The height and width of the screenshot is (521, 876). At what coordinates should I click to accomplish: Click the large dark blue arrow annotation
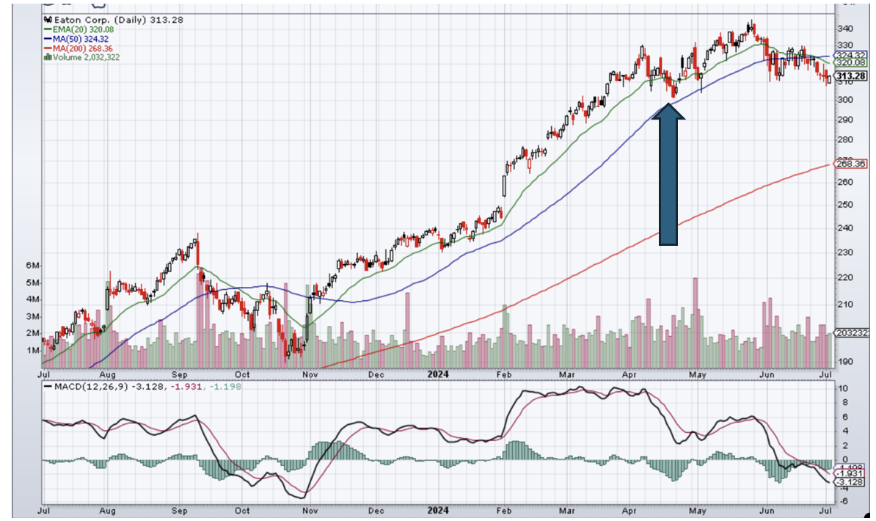(668, 176)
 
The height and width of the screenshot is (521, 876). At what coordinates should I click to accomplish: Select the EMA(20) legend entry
(72, 29)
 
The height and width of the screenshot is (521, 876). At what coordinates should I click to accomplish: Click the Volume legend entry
(83, 57)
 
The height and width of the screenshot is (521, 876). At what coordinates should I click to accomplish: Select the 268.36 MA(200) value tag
(850, 164)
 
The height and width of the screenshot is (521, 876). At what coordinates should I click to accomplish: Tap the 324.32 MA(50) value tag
(850, 55)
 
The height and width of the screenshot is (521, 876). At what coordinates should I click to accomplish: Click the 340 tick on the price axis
(844, 29)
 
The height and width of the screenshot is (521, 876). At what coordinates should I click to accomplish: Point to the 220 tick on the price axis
(844, 277)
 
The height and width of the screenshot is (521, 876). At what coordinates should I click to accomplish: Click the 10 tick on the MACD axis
(844, 388)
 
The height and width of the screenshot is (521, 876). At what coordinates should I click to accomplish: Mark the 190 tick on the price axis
(844, 361)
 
